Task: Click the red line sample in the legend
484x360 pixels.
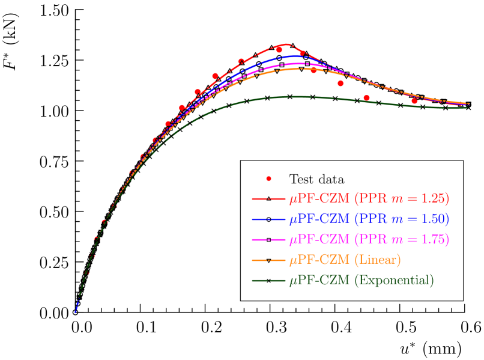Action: click(x=268, y=198)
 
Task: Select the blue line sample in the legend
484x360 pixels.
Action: click(x=268, y=218)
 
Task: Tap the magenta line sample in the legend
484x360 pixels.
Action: click(x=268, y=239)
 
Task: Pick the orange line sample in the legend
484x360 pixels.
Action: click(x=268, y=260)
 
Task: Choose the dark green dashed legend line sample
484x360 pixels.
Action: click(x=268, y=280)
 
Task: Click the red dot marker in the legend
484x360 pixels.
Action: click(x=268, y=178)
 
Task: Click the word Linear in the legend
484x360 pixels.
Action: click(x=378, y=260)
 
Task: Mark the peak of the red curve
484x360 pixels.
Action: click(x=286, y=44)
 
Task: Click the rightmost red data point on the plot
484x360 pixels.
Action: click(x=414, y=101)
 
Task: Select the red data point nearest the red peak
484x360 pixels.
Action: click(x=279, y=49)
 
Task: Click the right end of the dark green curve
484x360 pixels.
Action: click(x=468, y=107)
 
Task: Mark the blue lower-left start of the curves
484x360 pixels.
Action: click(x=76, y=311)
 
